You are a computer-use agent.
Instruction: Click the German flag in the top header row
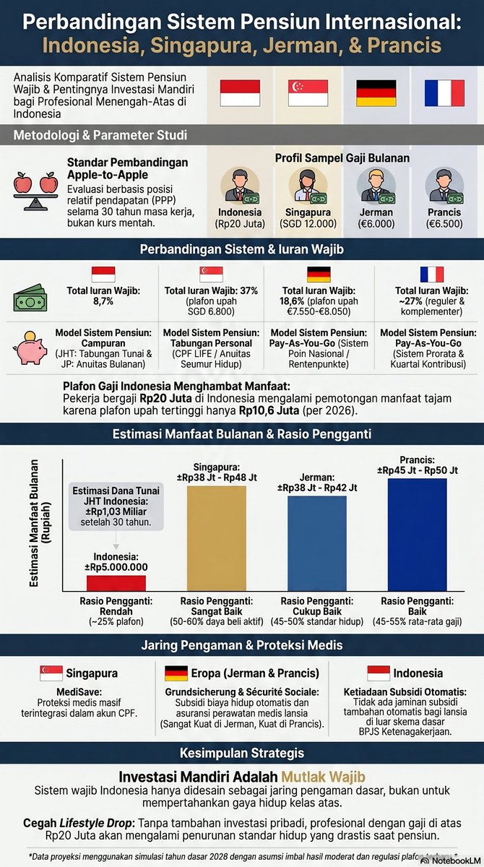pos(376,93)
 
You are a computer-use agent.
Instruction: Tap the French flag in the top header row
pos(444,93)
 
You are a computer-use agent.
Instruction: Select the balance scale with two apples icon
pos(35,191)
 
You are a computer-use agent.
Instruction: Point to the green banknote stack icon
pos(30,298)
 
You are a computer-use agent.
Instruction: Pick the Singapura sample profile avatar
pos(308,186)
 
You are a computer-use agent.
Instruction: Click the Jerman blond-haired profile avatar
pos(376,186)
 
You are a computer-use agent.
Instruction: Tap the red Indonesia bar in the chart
pos(116,583)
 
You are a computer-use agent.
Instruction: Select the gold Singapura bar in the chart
pos(217,538)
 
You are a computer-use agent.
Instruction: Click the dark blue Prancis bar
pos(417,535)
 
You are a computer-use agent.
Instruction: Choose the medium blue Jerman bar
pos(317,543)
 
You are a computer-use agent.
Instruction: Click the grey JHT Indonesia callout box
pos(116,506)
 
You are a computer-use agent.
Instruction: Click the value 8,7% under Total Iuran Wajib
pos(103,301)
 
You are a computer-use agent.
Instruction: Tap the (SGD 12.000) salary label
pos(308,224)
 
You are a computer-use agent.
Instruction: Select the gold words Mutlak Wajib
pos(323,777)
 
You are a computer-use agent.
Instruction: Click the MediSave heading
pos(79,691)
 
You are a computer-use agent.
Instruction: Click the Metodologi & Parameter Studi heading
pos(100,135)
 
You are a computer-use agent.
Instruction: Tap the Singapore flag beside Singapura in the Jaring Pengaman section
pos(51,673)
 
